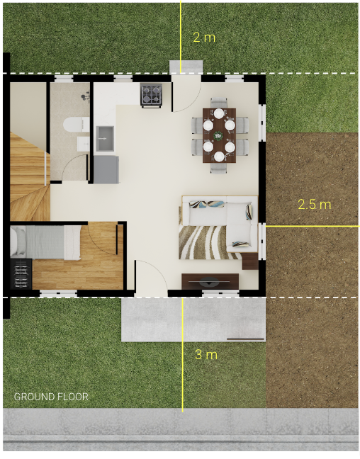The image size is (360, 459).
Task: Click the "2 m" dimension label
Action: click(204, 38)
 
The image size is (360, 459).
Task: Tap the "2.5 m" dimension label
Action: click(315, 204)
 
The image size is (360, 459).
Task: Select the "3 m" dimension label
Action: click(206, 354)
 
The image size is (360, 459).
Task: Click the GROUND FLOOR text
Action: click(51, 397)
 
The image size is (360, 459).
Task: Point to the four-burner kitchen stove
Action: click(151, 95)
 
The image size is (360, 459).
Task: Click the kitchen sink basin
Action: click(105, 139)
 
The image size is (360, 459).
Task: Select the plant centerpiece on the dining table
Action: click(218, 135)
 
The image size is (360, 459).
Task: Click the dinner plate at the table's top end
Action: click(219, 113)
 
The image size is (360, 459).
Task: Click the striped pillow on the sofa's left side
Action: click(207, 204)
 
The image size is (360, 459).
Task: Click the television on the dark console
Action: click(209, 283)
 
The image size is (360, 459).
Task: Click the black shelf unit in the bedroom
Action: click(21, 274)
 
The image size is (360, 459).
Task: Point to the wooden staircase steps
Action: click(29, 176)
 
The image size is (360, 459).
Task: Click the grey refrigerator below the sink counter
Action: click(106, 169)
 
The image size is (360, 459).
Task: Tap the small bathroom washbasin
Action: click(83, 144)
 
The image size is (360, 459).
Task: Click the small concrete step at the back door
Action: click(186, 67)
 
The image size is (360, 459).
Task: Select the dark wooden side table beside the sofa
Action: click(250, 261)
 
